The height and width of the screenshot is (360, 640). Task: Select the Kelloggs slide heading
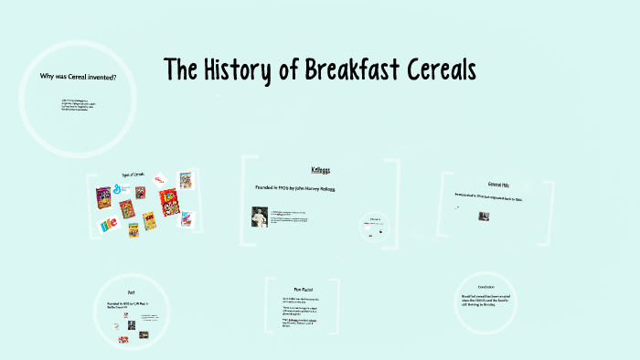click(321, 170)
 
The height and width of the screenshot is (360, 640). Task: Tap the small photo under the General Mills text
click(484, 217)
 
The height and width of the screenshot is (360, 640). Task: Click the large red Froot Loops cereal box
click(168, 202)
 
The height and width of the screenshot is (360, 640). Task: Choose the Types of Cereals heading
click(133, 175)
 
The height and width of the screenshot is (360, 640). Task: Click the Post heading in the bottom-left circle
click(132, 292)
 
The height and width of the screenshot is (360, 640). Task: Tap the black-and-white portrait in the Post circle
click(132, 323)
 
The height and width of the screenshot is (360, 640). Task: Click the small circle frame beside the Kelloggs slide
click(375, 226)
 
